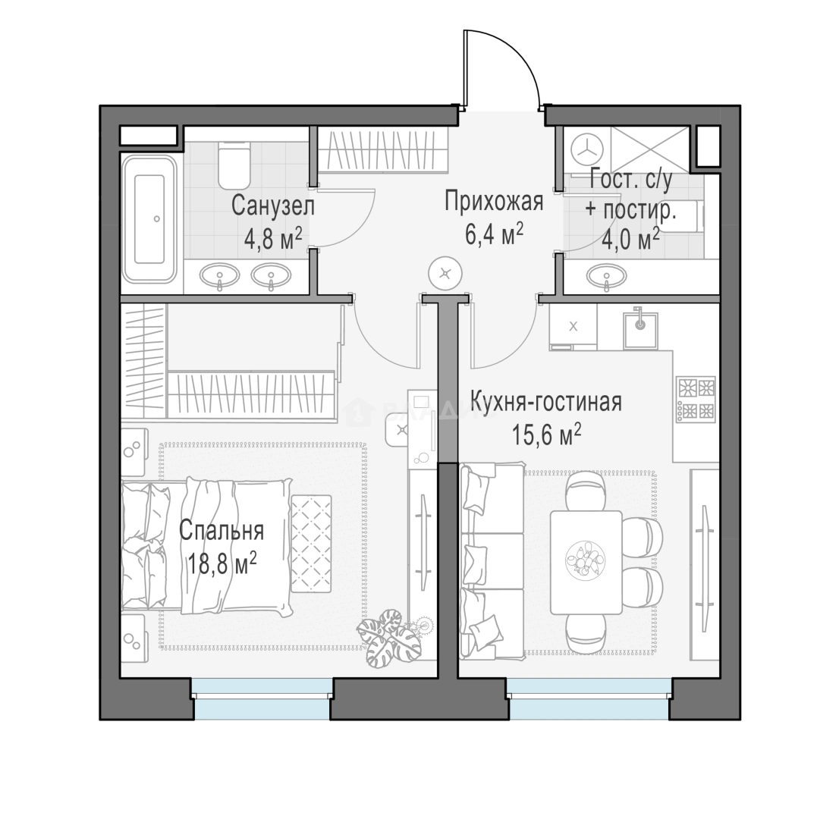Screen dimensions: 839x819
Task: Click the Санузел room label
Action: click(273, 206)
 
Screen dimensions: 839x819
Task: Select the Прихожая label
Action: click(494, 202)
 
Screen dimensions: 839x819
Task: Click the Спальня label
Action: click(222, 531)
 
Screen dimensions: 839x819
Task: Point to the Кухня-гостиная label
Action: click(546, 402)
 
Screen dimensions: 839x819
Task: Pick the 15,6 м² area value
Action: click(546, 435)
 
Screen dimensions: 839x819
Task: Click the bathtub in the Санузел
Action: click(149, 219)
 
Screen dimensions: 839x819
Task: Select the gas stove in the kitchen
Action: click(696, 399)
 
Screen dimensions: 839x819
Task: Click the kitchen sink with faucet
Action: click(640, 328)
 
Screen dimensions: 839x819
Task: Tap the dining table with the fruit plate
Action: click(586, 563)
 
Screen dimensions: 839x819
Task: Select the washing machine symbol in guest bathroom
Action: click(587, 148)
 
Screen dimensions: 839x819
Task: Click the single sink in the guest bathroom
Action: click(606, 276)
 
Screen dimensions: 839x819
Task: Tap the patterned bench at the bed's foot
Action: click(312, 544)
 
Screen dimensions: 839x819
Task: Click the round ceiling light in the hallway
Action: click(445, 274)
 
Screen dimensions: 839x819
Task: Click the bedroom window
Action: click(262, 698)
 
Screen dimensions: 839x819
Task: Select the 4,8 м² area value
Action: click(273, 239)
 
